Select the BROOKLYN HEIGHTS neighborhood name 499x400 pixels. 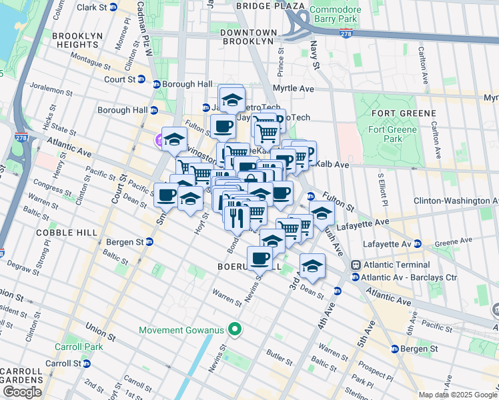click(x=75, y=40)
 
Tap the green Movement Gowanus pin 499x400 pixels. click(x=234, y=330)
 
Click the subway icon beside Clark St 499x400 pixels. click(x=113, y=7)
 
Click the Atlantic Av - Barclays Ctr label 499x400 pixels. click(x=409, y=277)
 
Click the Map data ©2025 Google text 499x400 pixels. click(x=458, y=395)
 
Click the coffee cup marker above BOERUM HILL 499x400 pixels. click(x=260, y=257)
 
